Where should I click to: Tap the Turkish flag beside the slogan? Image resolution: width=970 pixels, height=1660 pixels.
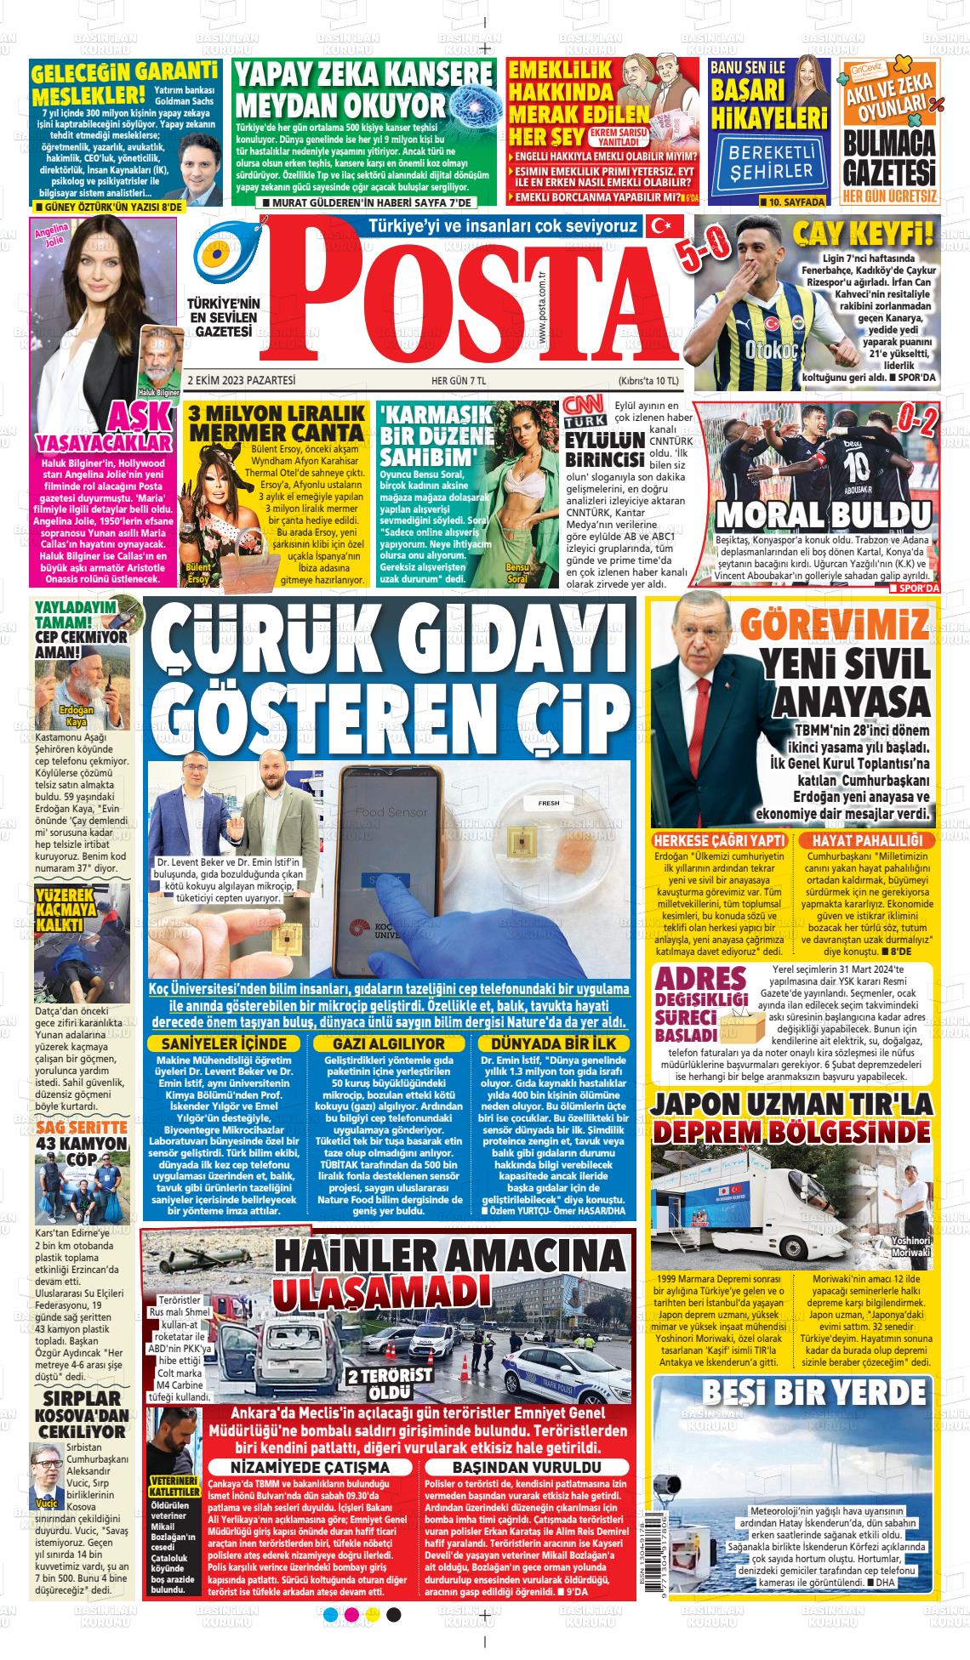[660, 226]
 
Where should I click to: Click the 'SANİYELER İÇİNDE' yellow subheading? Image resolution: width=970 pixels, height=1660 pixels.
[224, 1043]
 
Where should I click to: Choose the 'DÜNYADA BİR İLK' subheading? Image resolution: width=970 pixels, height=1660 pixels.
[554, 1043]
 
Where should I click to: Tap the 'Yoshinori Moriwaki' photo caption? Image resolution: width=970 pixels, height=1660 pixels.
[911, 1246]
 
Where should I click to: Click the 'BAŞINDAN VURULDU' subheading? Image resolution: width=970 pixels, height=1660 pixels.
[527, 1467]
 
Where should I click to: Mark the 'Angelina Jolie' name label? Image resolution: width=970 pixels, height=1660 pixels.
[48, 236]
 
